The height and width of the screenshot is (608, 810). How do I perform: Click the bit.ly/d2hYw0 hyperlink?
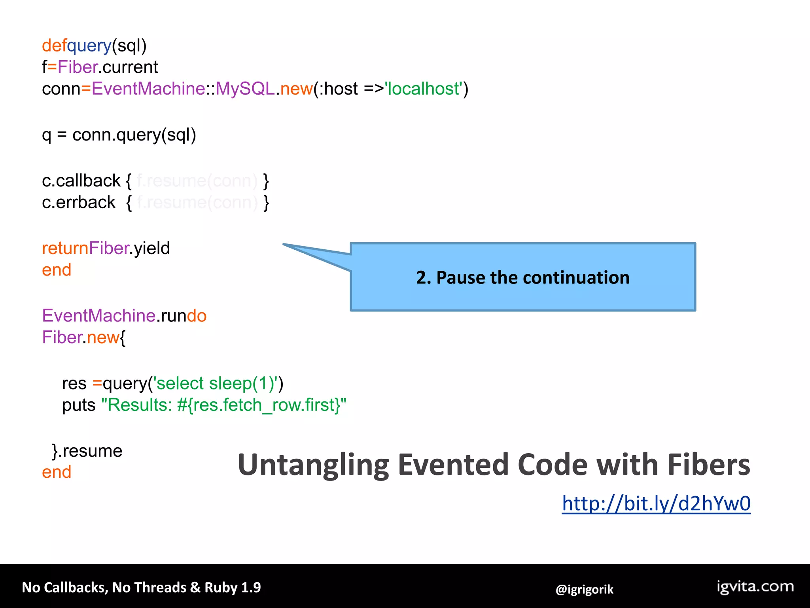click(656, 503)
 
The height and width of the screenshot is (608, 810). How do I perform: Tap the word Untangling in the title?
click(313, 465)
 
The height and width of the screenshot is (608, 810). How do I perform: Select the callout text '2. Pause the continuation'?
click(522, 277)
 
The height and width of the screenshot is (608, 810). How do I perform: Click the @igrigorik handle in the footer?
click(584, 589)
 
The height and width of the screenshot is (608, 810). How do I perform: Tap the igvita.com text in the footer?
click(755, 586)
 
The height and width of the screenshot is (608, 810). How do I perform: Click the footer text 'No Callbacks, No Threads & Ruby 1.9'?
click(141, 587)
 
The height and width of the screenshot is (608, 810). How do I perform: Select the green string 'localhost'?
click(424, 89)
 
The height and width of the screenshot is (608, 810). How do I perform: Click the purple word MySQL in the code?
click(245, 89)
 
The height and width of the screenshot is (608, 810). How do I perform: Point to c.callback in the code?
click(81, 181)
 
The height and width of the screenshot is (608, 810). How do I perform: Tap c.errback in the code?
click(79, 203)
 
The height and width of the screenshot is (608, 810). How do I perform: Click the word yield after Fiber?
click(152, 249)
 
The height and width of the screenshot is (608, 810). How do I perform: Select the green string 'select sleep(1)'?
click(218, 384)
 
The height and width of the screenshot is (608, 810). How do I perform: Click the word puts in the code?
click(79, 405)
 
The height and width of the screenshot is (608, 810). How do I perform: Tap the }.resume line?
click(87, 451)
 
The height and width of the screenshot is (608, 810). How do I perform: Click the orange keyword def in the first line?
click(54, 46)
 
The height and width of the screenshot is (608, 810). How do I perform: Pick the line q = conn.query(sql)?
click(119, 135)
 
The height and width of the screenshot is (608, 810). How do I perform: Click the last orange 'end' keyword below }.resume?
click(57, 472)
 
